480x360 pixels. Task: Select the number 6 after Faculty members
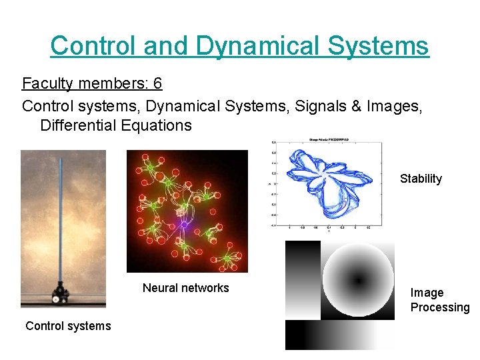point(157,84)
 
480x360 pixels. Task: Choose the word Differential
point(79,125)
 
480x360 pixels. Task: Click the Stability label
point(421,179)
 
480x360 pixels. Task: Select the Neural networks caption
point(185,288)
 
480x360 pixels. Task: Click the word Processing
point(440,307)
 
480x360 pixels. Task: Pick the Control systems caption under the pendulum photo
point(68,325)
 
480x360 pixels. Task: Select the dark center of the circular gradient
point(358,280)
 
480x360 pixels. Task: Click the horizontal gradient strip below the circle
point(340,335)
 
